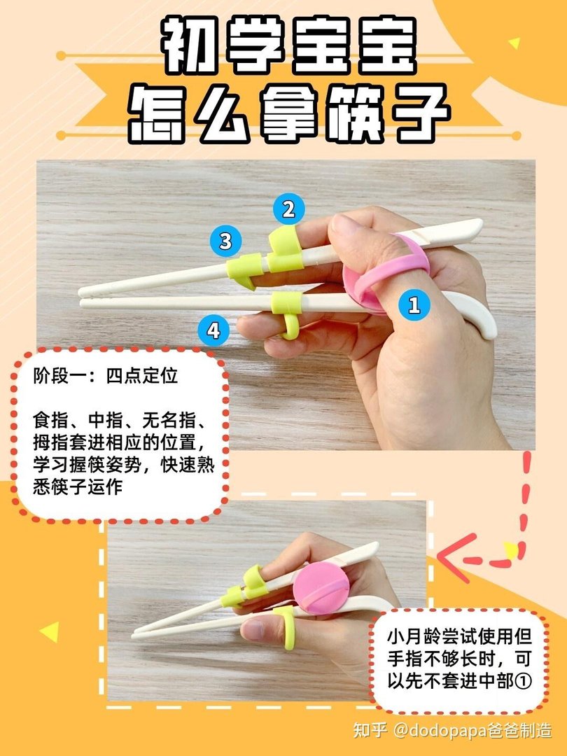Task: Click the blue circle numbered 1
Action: click(414, 304)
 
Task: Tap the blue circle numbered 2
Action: click(288, 209)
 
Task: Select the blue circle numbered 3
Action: click(225, 241)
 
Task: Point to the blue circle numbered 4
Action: click(213, 330)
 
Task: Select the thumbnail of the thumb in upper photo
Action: click(344, 225)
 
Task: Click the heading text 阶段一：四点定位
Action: click(106, 376)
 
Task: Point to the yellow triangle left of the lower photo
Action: click(48, 632)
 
